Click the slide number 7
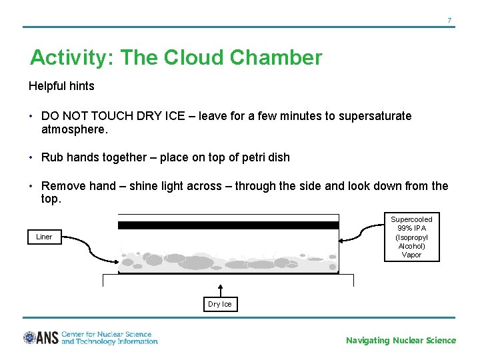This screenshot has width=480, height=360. click(x=449, y=20)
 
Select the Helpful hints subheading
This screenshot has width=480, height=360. click(x=61, y=86)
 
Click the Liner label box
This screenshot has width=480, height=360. click(x=44, y=237)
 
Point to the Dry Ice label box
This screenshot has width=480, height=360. click(x=220, y=304)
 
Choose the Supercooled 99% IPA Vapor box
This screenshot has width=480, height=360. click(x=411, y=237)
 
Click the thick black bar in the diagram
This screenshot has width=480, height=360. click(x=228, y=225)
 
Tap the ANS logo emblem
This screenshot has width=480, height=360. click(x=30, y=338)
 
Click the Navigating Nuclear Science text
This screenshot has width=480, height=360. click(x=401, y=341)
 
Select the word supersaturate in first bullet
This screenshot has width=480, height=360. click(x=375, y=116)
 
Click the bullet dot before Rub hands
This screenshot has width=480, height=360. click(x=31, y=157)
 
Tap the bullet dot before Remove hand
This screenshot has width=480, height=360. click(x=31, y=186)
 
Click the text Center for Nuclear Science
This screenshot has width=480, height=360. click(x=107, y=334)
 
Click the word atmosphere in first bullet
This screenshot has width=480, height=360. click(x=73, y=130)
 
